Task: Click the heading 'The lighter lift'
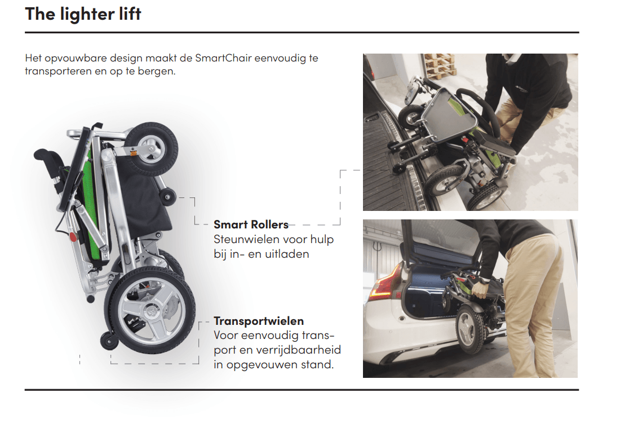[83, 15]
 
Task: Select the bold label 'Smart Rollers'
[251, 224]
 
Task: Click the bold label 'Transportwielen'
[259, 321]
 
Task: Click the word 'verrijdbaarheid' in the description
[299, 350]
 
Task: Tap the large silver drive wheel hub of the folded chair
[152, 311]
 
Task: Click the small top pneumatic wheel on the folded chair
[151, 149]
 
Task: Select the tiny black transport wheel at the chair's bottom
[109, 341]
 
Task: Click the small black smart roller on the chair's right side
[167, 197]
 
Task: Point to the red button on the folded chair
[73, 237]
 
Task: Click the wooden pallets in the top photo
[440, 66]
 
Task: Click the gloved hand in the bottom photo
[480, 290]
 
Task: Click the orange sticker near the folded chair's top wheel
[134, 153]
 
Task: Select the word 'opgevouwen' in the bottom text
[260, 365]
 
